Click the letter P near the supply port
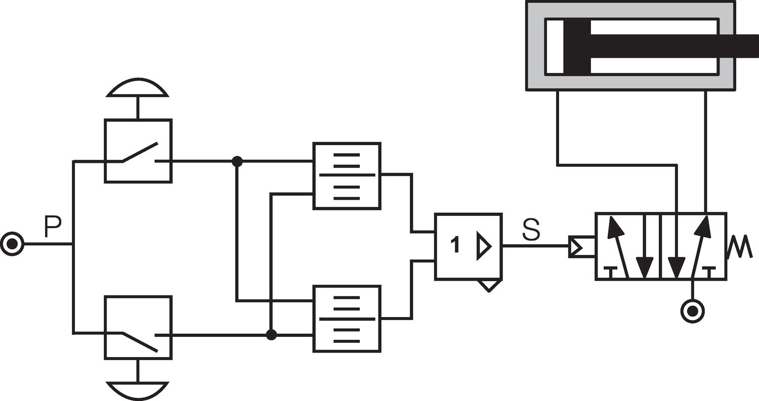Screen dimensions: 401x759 click(53, 226)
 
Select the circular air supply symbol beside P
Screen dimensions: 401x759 click(12, 244)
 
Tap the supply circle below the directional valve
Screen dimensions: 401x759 click(693, 310)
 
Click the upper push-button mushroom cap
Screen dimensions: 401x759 click(137, 88)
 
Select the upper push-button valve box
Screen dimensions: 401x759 click(138, 151)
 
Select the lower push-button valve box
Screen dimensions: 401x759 click(138, 327)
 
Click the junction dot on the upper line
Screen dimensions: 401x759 click(237, 161)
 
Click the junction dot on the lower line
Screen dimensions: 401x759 click(271, 335)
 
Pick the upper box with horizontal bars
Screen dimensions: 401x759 click(347, 175)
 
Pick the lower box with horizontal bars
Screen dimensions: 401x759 click(347, 319)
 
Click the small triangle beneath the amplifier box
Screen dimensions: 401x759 click(489, 285)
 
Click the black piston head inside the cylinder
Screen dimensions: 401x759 click(577, 46)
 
